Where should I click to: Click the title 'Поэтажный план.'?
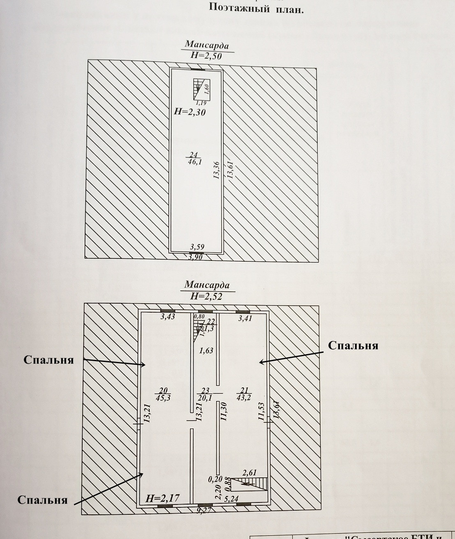pyautogui.click(x=256, y=9)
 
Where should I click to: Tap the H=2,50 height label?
pyautogui.click(x=206, y=56)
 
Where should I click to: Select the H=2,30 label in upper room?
pyautogui.click(x=189, y=111)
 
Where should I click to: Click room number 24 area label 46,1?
pyautogui.click(x=193, y=159)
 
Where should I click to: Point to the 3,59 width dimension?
pyautogui.click(x=197, y=247)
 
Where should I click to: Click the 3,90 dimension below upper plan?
pyautogui.click(x=196, y=257)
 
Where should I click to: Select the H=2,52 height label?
pyautogui.click(x=206, y=296)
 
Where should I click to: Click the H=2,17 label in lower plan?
pyautogui.click(x=163, y=499)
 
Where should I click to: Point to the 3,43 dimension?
pyautogui.click(x=168, y=317)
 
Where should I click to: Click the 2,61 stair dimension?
pyautogui.click(x=250, y=473)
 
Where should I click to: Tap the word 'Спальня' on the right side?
pyautogui.click(x=353, y=346)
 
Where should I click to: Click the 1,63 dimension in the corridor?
pyautogui.click(x=206, y=350)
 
